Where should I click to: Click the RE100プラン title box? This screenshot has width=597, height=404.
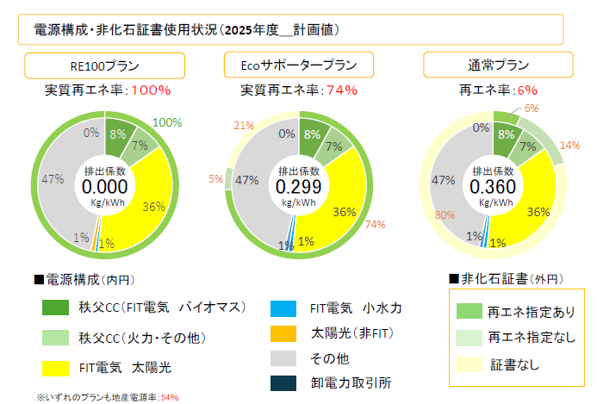104,66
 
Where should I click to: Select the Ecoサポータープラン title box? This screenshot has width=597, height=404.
295,66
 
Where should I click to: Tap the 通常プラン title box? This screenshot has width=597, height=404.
492,66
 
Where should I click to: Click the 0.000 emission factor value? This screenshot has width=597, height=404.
104,186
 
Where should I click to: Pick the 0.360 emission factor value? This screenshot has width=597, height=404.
492,186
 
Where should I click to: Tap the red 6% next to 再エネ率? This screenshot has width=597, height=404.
528,90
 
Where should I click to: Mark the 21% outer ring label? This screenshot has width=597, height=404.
244,126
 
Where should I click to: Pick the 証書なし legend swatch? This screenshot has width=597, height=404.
470,365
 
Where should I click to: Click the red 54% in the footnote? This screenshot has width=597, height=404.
170,398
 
